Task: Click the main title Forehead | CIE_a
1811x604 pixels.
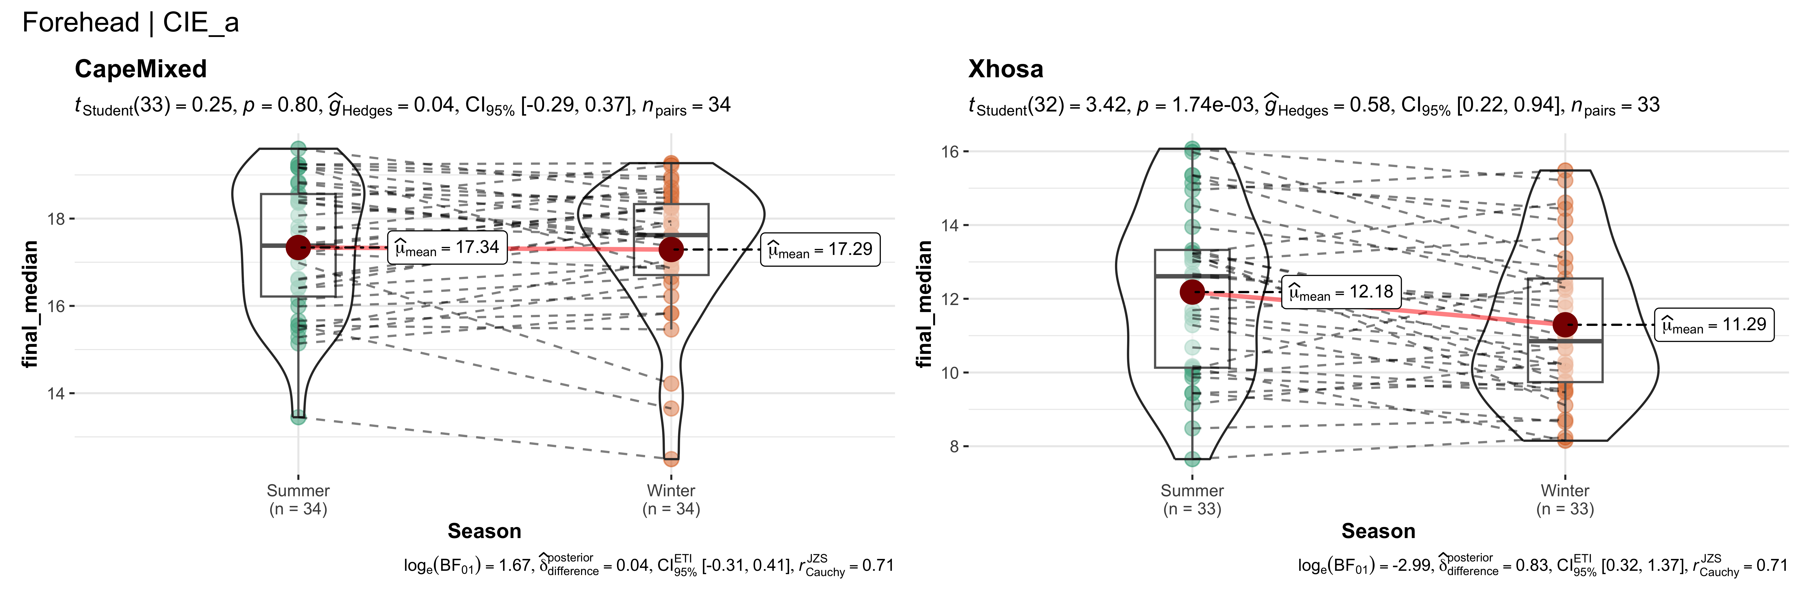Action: coord(131,22)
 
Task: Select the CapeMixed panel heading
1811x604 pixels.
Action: coord(141,69)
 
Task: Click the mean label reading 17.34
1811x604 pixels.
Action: coord(448,247)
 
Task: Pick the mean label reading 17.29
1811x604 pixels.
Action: coord(820,250)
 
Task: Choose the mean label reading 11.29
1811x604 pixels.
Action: coord(1714,325)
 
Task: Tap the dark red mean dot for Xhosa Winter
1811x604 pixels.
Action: coord(1565,325)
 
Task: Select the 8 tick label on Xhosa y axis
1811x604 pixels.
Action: coord(954,446)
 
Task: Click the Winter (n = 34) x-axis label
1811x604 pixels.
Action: coord(671,500)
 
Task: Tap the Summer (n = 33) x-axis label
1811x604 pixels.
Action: coord(1192,500)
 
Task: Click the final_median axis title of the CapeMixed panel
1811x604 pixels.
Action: coord(29,304)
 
